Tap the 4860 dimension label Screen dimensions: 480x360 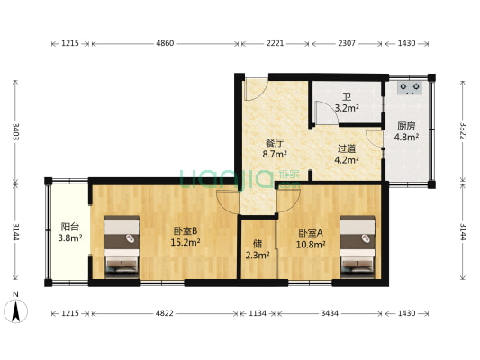(165, 43)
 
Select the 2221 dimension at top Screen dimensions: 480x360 (275, 43)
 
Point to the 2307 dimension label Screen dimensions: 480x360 (347, 43)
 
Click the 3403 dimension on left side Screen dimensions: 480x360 (15, 131)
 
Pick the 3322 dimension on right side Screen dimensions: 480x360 (463, 131)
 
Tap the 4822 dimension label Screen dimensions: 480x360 (165, 313)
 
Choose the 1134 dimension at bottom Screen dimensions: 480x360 (258, 313)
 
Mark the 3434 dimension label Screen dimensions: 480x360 (330, 313)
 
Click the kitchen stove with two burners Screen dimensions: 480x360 (410, 88)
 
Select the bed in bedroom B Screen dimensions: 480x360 (122, 247)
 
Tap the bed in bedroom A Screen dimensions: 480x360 (358, 247)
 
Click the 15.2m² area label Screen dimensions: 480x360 (186, 242)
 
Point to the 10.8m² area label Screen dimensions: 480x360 (311, 245)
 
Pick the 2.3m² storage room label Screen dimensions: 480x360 (258, 255)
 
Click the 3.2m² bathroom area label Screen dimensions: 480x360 (347, 108)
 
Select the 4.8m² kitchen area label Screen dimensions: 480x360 (406, 137)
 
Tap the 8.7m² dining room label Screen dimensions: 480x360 (275, 154)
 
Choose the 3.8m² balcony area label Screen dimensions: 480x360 (70, 238)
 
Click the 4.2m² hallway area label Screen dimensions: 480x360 (347, 159)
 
